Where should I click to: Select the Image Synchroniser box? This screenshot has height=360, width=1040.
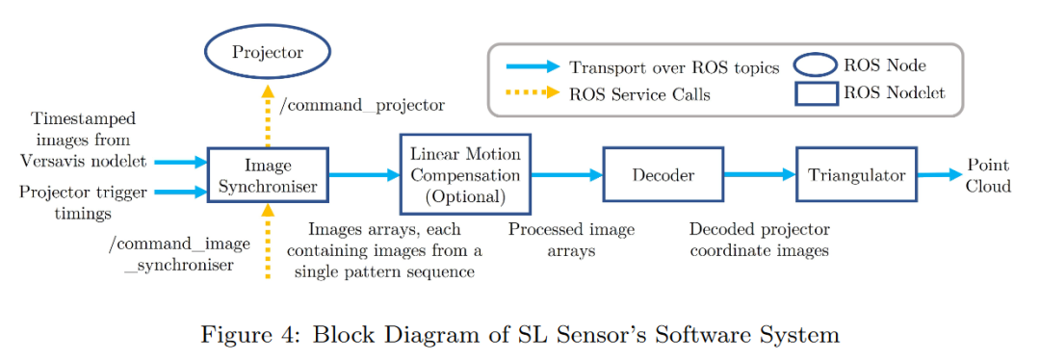click(268, 174)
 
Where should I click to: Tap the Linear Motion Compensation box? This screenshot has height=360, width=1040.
click(464, 174)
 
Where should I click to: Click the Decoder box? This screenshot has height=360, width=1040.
click(663, 174)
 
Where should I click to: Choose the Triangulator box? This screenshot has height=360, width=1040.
click(856, 174)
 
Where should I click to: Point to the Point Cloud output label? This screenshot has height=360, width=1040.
click(988, 174)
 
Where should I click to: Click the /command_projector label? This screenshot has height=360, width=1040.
click(361, 104)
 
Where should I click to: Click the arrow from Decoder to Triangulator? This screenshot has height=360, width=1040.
click(759, 174)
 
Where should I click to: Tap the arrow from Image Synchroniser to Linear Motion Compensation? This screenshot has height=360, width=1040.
click(364, 174)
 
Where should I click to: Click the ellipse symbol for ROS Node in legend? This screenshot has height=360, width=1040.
click(813, 65)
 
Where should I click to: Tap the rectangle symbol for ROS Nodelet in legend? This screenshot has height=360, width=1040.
click(813, 93)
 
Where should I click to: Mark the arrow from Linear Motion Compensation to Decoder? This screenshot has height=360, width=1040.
click(564, 174)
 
